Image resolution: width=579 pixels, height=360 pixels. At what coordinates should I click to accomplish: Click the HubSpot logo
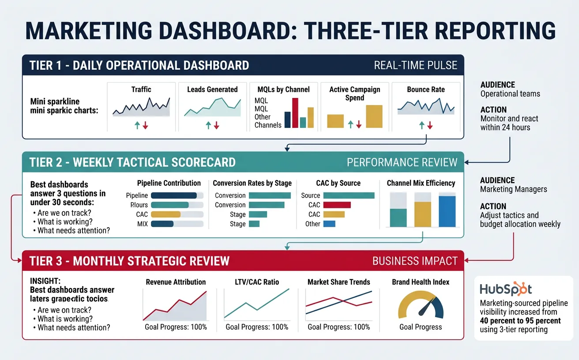pos(505,289)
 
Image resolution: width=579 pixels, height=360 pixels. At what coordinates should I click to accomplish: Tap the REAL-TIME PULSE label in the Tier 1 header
pos(415,66)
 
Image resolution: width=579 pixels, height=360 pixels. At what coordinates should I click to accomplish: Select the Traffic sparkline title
pos(141,90)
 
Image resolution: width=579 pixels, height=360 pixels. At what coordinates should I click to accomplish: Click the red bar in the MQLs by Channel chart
pos(295,112)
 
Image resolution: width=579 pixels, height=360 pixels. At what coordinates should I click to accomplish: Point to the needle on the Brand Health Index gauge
pos(424,307)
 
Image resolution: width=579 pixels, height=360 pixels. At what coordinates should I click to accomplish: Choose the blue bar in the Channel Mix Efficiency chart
pos(447,211)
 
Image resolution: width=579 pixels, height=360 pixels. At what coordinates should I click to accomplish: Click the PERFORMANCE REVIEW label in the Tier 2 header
pos(402,162)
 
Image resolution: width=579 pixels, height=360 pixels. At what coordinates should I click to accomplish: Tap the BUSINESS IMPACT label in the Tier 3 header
pos(415,261)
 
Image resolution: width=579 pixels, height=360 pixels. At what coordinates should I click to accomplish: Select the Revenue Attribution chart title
pos(176,282)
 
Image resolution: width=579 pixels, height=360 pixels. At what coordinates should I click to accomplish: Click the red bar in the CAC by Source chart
pos(337,205)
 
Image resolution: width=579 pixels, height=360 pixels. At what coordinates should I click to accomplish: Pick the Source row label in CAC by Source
pos(310,195)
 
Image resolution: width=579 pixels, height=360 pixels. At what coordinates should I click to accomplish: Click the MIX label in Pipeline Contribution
pos(142,224)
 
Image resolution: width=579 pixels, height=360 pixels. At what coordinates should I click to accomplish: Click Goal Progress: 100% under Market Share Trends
pos(338,327)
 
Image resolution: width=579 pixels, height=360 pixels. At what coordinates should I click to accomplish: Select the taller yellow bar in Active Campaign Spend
pos(374,116)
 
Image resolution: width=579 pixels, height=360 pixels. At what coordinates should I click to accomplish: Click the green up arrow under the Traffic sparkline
pos(137,126)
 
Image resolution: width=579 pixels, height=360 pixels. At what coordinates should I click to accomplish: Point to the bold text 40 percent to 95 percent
pos(520,321)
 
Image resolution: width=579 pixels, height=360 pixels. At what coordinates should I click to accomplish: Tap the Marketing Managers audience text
pos(513,189)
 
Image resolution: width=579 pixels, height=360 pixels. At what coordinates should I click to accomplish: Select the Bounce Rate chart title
pos(426,90)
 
